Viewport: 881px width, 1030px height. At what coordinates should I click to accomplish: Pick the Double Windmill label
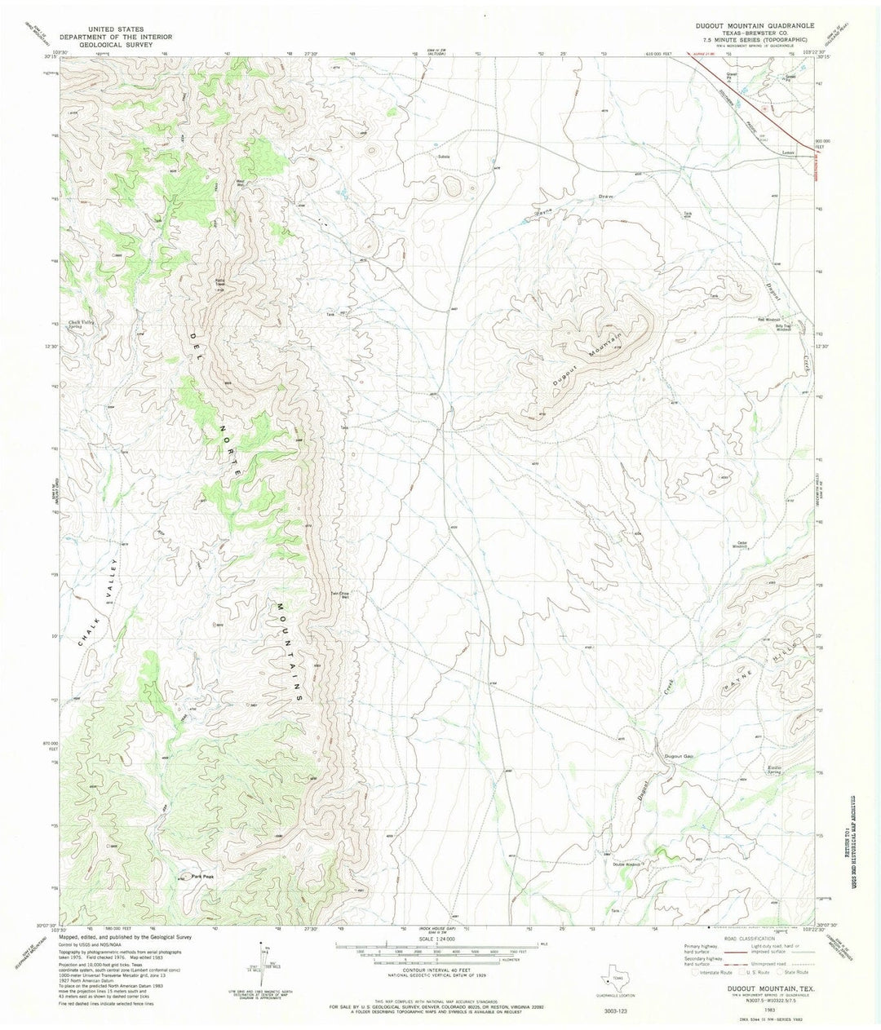point(623,864)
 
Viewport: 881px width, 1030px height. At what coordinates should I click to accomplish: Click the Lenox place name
point(787,152)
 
